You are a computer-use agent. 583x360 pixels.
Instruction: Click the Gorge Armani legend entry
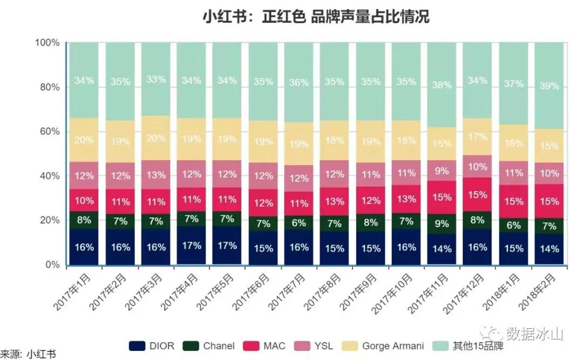384,345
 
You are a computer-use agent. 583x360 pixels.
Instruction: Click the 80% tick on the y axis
47,87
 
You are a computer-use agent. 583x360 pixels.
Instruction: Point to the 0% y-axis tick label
51,264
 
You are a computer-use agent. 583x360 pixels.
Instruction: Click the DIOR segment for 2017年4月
191,246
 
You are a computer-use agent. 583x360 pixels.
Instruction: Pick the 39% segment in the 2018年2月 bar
549,86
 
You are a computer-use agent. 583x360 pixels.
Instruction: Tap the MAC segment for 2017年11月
442,198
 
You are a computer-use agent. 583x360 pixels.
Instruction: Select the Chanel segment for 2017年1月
84,220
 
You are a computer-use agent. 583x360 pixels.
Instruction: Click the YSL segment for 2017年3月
155,174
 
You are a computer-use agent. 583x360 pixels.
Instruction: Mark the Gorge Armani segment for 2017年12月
477,137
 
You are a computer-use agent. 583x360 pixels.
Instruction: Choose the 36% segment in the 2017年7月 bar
299,83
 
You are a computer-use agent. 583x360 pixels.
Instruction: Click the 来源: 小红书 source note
28,354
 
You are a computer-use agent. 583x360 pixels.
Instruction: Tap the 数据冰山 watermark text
534,334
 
